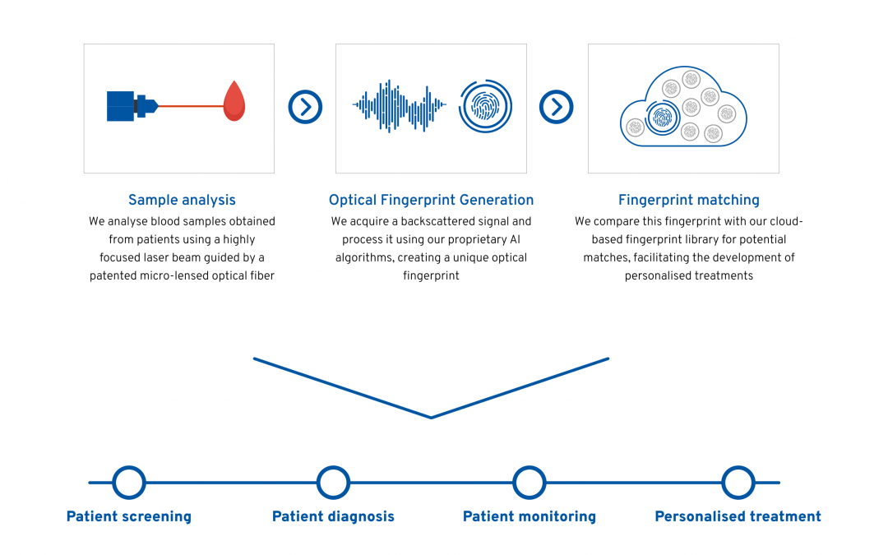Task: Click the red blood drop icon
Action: tap(234, 101)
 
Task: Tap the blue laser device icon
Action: tap(132, 106)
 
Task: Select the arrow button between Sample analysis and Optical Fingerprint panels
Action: tap(305, 106)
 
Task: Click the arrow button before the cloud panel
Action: tap(556, 106)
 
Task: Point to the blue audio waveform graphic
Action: tap(400, 106)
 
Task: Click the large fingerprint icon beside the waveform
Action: tap(485, 106)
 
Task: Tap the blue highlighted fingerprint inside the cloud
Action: tap(662, 118)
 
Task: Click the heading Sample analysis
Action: tap(182, 200)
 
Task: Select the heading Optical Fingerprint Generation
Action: tap(431, 200)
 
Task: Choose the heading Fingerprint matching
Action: tap(689, 200)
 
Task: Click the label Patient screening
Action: tap(129, 516)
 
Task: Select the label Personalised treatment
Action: tap(738, 516)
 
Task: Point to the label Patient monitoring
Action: tap(530, 516)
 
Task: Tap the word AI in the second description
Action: tap(515, 239)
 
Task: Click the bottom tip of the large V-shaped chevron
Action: tap(431, 418)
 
